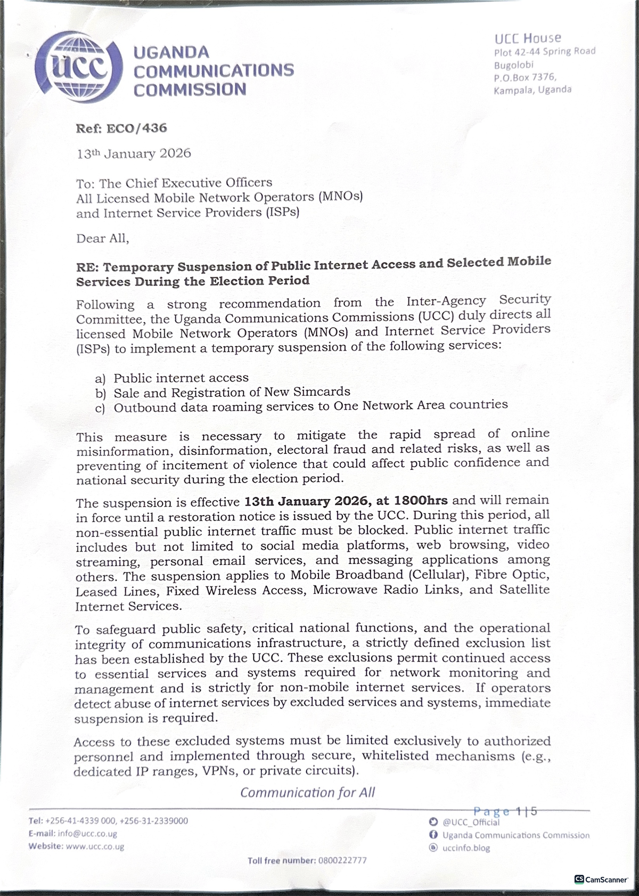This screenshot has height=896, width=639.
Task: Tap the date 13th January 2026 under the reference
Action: [x=134, y=153]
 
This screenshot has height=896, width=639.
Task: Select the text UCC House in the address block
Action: [x=527, y=38]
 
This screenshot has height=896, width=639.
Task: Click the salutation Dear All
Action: [x=102, y=238]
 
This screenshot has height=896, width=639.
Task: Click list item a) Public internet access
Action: [x=172, y=378]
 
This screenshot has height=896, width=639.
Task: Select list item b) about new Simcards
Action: [x=223, y=393]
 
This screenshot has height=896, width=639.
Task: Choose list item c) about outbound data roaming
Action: [x=301, y=406]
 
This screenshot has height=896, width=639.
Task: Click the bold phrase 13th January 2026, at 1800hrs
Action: [x=346, y=501]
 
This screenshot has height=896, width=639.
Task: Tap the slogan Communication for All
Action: [x=307, y=792]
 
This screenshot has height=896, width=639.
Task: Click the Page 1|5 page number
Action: [x=505, y=811]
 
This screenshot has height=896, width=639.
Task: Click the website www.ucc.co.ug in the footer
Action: [x=94, y=846]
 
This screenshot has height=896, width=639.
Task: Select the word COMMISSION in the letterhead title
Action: [x=190, y=89]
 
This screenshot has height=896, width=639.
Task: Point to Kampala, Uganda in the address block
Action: [x=532, y=89]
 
